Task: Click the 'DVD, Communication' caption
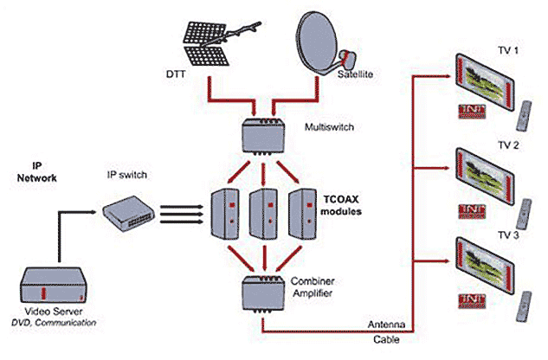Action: pos(57,323)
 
